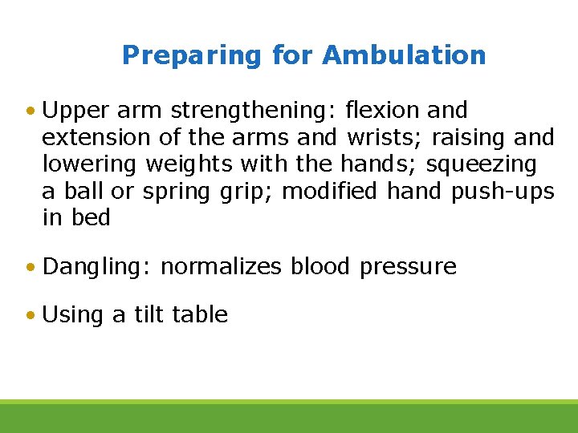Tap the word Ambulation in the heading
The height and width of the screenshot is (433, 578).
pos(404,55)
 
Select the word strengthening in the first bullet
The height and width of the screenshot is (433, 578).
pos(256,111)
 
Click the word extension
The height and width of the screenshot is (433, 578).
pos(96,138)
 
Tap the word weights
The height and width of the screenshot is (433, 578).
pos(189,165)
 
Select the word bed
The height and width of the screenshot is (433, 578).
pos(89,218)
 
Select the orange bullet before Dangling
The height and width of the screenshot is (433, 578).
pos(30,267)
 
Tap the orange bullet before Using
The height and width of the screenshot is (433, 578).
pos(30,315)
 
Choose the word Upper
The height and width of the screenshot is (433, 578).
pos(76,111)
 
